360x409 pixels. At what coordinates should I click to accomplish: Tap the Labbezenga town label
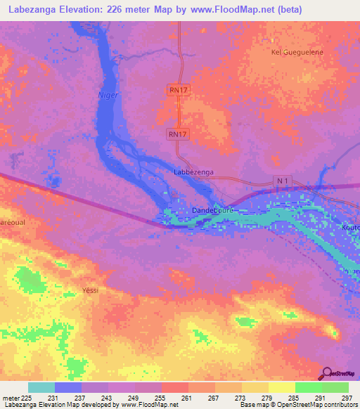tap(193, 171)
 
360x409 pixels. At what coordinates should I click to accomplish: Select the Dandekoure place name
tap(212, 209)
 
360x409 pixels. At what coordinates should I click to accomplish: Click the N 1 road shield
tap(283, 181)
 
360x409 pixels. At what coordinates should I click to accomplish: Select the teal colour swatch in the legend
tap(41, 387)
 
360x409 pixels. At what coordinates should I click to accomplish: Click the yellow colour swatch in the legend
tap(282, 387)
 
